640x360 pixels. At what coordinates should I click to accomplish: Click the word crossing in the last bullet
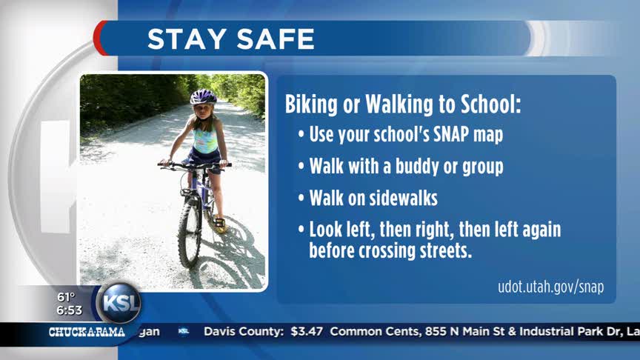[390, 250]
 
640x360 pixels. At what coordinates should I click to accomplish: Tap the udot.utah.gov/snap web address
[550, 287]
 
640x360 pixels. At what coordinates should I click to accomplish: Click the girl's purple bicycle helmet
[203, 97]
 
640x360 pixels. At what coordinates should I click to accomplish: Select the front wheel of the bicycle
[190, 233]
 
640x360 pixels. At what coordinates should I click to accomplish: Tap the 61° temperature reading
[65, 297]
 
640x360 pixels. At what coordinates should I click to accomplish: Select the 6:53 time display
[69, 310]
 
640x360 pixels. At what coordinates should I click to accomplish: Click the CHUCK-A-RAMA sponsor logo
[87, 332]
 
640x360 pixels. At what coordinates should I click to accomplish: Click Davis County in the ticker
[244, 332]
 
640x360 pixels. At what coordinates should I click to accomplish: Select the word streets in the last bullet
[447, 250]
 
